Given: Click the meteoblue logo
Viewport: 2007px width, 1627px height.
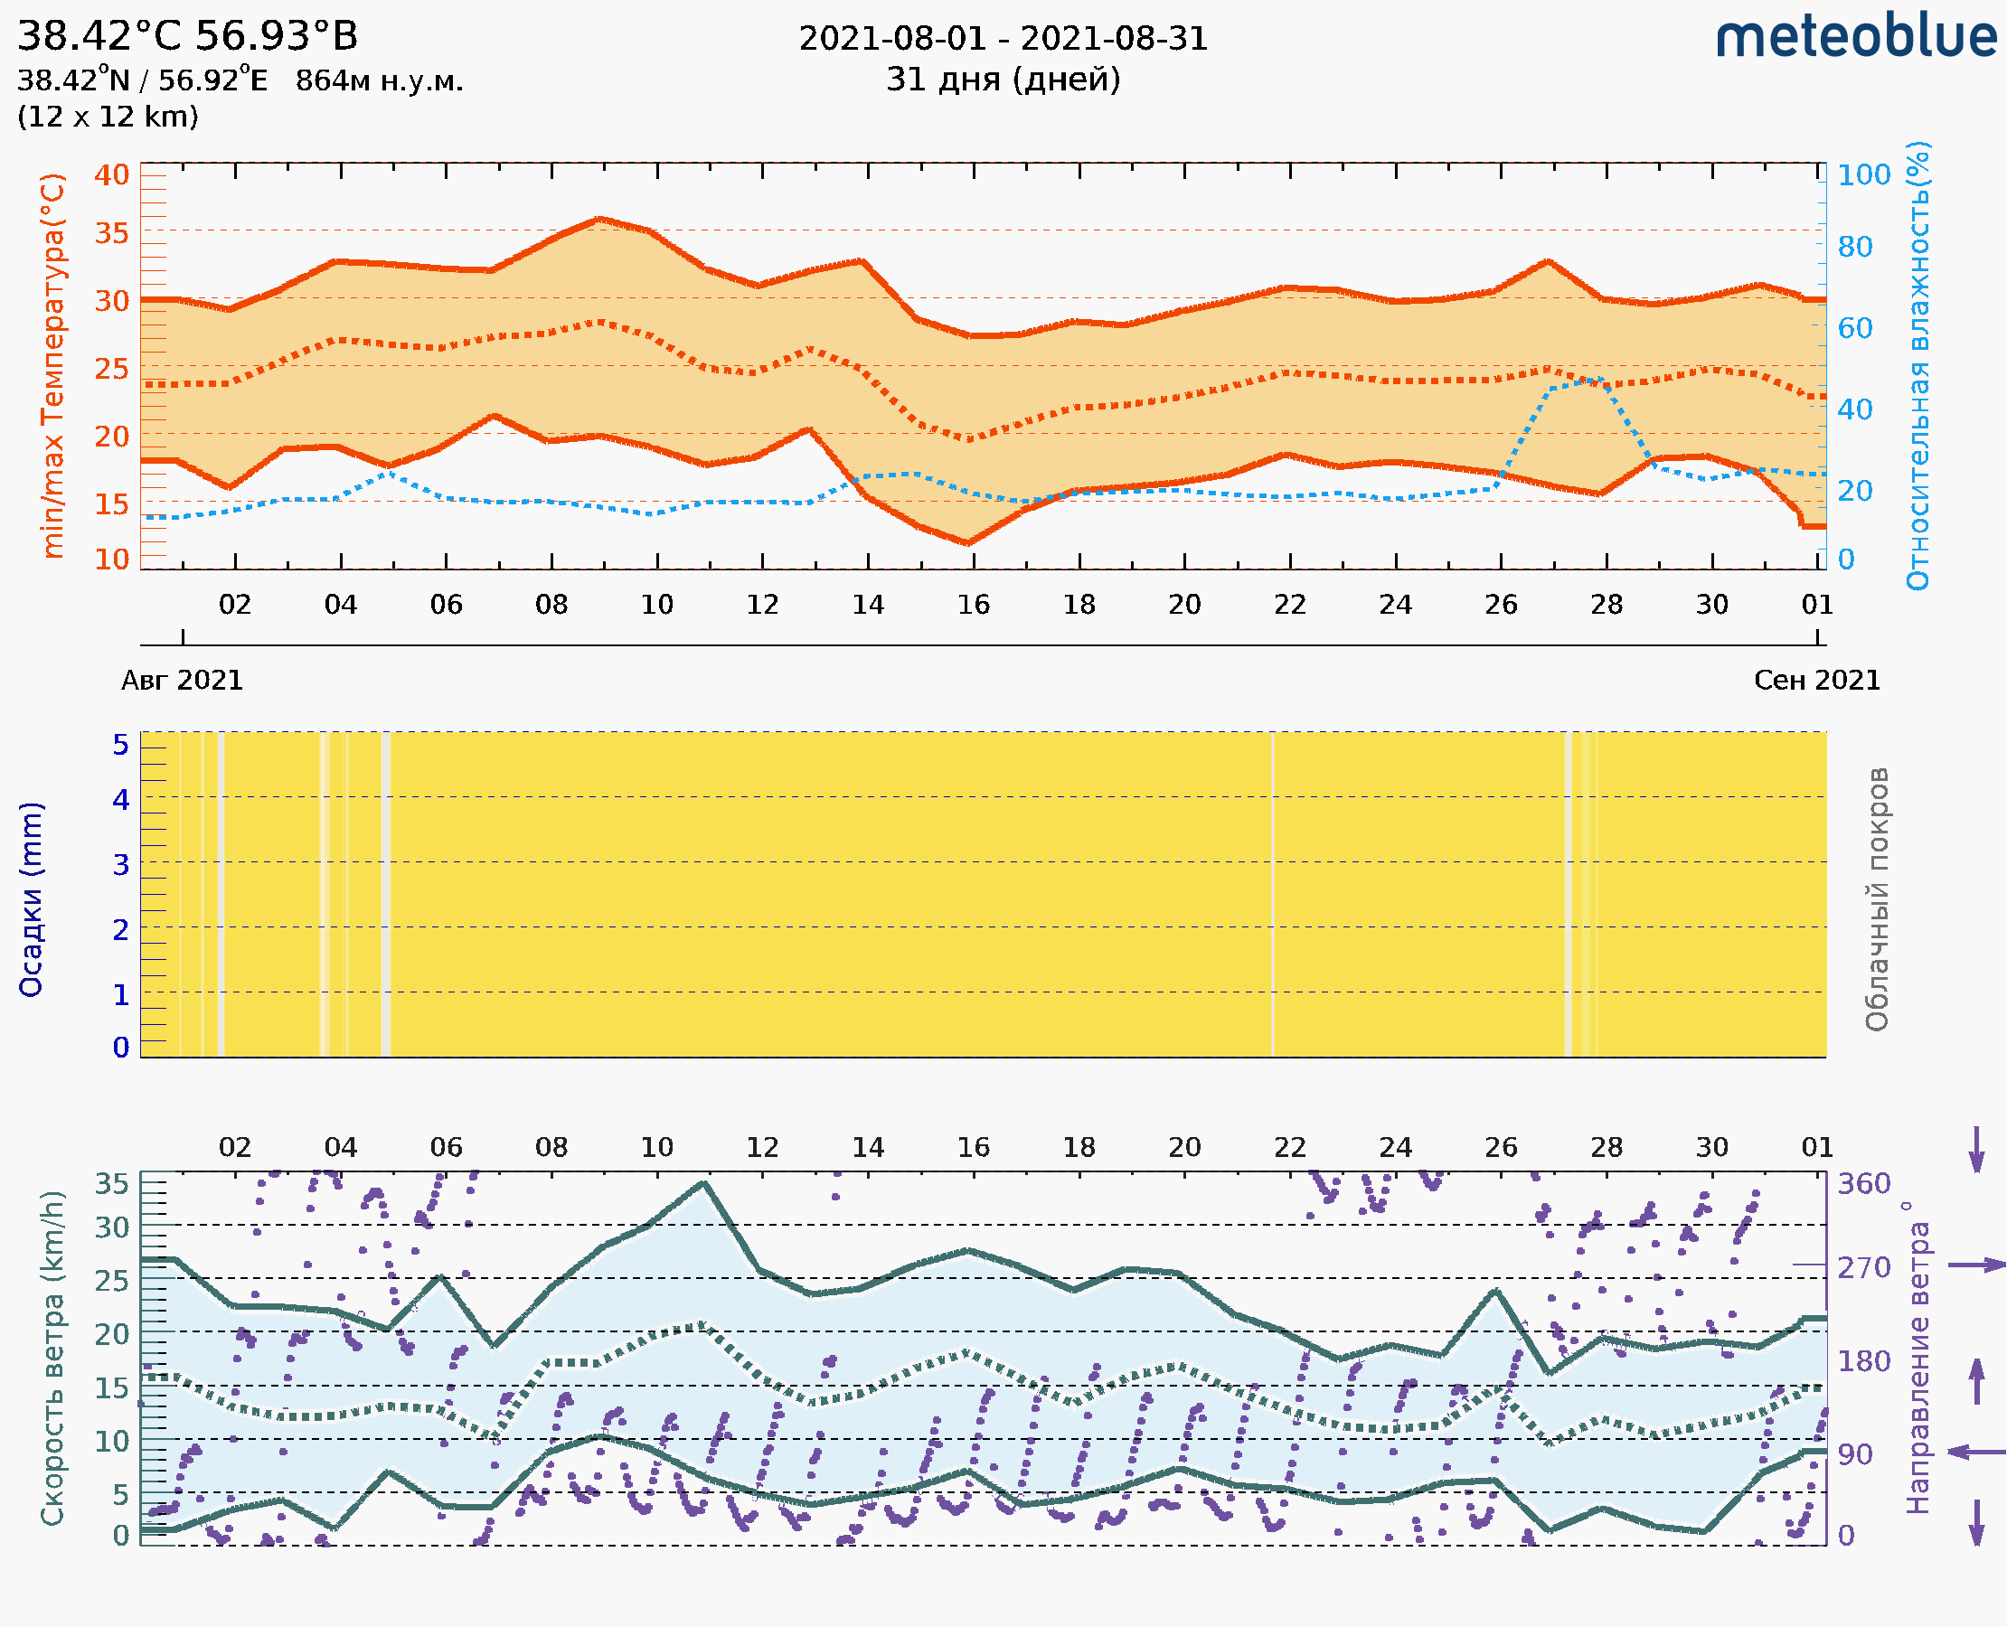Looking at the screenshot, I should click(x=1856, y=37).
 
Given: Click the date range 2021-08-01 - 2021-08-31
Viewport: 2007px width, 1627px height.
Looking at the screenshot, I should click(x=1003, y=39).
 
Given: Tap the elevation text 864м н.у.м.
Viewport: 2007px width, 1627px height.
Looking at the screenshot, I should click(x=379, y=81).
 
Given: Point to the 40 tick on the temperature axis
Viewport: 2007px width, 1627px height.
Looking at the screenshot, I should click(x=111, y=174).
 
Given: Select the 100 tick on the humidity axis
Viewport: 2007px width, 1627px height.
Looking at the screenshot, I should click(x=1863, y=174).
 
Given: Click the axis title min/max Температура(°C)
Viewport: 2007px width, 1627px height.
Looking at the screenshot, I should click(x=53, y=365).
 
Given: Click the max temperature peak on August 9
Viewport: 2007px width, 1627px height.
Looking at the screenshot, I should click(x=600, y=220).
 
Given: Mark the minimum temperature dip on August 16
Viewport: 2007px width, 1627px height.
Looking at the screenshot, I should click(x=968, y=542).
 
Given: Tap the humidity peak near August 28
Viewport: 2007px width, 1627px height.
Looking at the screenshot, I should click(x=1600, y=380).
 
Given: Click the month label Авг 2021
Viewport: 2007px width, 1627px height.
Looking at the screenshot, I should click(x=182, y=681).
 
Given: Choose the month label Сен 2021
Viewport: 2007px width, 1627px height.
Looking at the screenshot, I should click(x=1817, y=681).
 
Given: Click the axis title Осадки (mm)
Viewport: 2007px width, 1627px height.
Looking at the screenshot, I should click(x=31, y=899).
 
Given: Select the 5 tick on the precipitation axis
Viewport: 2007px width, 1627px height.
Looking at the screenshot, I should click(x=121, y=745).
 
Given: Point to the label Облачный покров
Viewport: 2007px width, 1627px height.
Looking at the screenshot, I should click(x=1877, y=899).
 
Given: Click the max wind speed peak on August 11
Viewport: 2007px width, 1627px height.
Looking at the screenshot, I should click(x=705, y=1183).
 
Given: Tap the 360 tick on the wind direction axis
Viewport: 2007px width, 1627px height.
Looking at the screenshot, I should click(x=1863, y=1184).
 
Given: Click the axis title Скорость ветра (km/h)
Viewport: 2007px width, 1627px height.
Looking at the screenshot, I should click(x=53, y=1359).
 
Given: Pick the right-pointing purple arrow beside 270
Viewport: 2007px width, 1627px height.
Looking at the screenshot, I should click(x=1976, y=1265).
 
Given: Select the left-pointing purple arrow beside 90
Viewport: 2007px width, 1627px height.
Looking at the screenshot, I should click(x=1976, y=1452).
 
